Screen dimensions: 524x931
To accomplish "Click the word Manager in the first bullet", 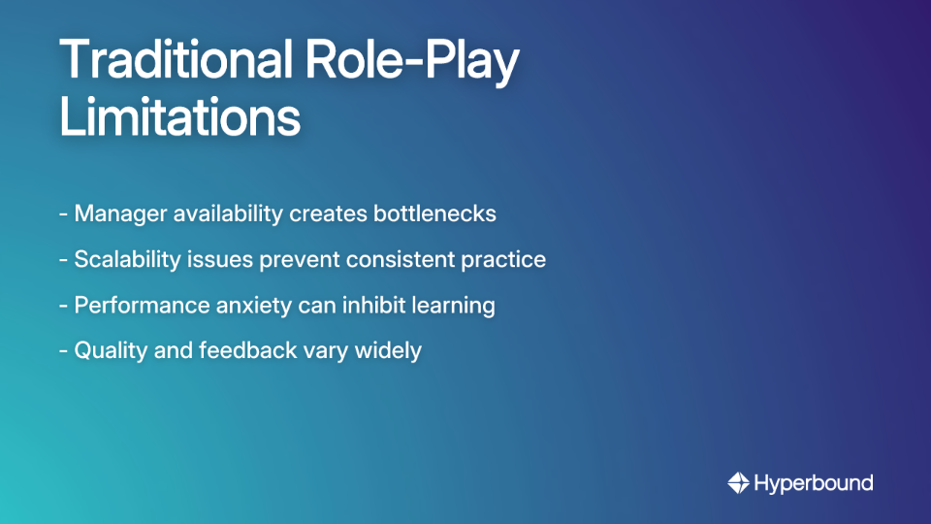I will (x=119, y=213).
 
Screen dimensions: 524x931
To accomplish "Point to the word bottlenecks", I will (x=434, y=213).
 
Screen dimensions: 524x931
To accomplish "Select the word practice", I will (x=505, y=259).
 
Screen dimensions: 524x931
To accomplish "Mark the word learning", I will (x=454, y=305).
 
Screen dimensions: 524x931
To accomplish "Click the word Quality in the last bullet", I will (x=111, y=350).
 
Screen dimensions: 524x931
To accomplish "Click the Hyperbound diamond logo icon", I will (x=738, y=482).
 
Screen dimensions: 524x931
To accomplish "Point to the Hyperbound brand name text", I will (x=814, y=482).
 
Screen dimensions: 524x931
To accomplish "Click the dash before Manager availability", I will (x=63, y=213).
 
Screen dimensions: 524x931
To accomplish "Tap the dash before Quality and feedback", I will (x=63, y=350).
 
